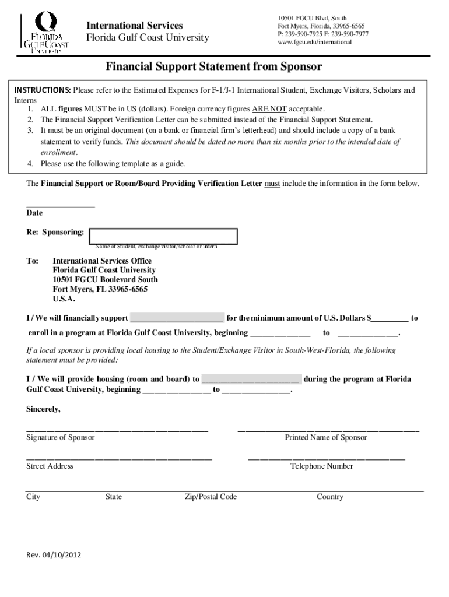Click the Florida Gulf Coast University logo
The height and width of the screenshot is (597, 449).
click(45, 34)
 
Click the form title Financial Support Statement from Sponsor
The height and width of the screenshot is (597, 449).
click(213, 66)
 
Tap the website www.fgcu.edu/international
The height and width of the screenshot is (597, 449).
click(315, 43)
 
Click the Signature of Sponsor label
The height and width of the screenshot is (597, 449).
click(61, 437)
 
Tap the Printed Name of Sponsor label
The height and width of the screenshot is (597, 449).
click(326, 437)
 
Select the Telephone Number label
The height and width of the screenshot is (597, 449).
click(322, 466)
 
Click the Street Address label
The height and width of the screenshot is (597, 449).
click(50, 466)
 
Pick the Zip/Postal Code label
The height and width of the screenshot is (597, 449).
click(211, 497)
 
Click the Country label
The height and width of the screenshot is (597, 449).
click(330, 497)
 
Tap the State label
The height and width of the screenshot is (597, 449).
click(114, 497)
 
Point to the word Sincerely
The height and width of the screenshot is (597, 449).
click(44, 409)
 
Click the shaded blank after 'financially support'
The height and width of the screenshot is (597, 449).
click(177, 318)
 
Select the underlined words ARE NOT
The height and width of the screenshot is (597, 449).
click(269, 109)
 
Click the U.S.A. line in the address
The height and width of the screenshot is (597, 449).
click(64, 298)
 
